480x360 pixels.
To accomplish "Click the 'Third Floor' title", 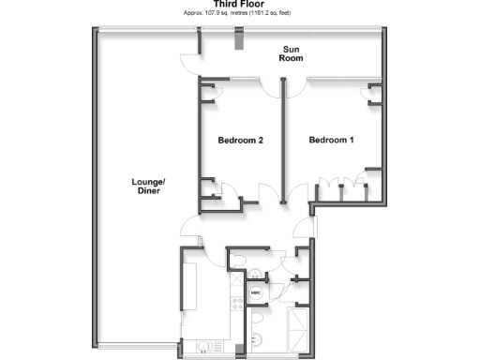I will pos(239,4).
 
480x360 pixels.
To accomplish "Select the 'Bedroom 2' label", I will pos(240,141).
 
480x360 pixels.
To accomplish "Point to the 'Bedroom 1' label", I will pos(332,141).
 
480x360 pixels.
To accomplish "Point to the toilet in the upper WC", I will pos(238,259).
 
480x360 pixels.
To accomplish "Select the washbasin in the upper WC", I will pos(254,273).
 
